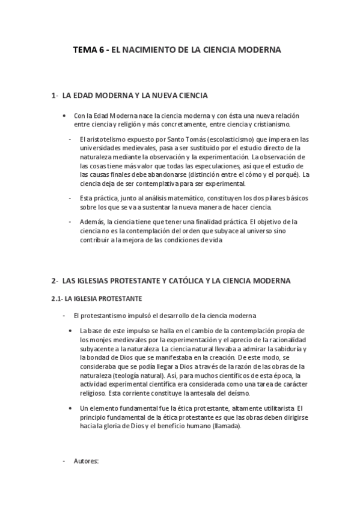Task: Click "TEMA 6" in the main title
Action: click(x=87, y=51)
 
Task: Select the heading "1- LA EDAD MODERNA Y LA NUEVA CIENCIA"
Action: click(x=130, y=96)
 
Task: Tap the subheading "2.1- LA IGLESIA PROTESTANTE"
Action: click(x=95, y=298)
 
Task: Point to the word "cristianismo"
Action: click(x=270, y=124)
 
